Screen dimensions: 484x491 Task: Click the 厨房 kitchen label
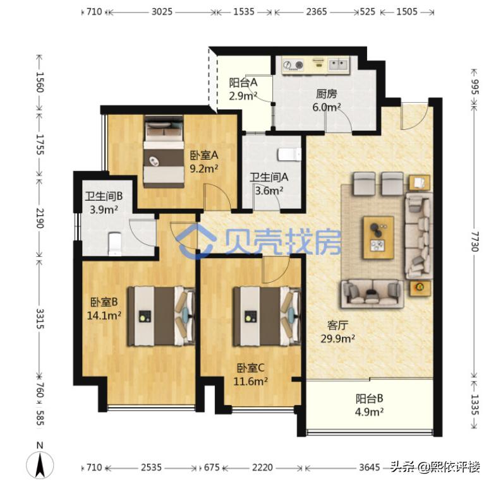coord(327,100)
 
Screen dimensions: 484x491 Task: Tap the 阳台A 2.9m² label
coord(243,89)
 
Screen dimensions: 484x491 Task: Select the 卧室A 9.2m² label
coord(203,162)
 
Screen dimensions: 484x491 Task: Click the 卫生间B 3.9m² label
coord(104,203)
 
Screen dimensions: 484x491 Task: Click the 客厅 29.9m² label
coord(337,331)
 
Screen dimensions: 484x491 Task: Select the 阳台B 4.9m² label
coord(370,405)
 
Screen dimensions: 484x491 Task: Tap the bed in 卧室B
coord(161,316)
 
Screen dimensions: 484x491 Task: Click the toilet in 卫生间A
coord(290,154)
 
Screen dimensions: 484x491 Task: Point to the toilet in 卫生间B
coord(114,243)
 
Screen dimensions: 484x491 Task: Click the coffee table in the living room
coord(378,237)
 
